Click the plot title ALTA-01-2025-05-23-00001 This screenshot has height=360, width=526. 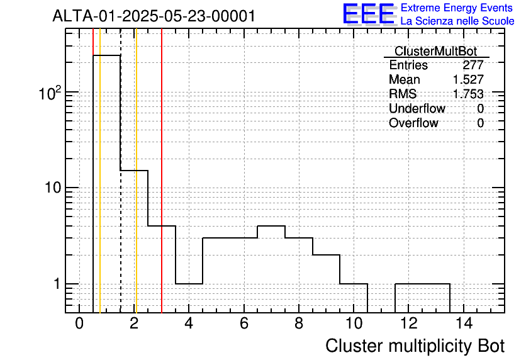coord(154,16)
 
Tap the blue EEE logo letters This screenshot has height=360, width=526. coord(369,14)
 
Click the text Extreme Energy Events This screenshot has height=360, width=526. coord(457,8)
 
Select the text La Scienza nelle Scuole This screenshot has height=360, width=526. coord(457,21)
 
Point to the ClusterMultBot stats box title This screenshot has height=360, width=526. coord(436,52)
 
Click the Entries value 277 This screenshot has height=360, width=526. coord(473,65)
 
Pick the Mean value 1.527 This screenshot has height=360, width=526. coord(468,79)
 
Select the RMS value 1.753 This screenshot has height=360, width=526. coord(468,94)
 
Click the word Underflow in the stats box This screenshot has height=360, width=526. coord(417,108)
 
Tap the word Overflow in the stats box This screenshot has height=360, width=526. coord(413,123)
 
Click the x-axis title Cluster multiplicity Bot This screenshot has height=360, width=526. coord(415,346)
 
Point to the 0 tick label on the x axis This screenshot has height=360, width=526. coord(79,323)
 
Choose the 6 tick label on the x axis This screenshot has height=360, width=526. coord(244,323)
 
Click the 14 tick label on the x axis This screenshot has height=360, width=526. coord(464,323)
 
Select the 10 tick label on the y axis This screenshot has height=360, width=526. coord(53,188)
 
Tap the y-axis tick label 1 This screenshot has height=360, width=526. coord(57,284)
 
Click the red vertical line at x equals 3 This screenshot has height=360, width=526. coord(162,171)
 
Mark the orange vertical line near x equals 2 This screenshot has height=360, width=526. coord(136,171)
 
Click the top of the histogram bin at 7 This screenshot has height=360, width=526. coord(271,226)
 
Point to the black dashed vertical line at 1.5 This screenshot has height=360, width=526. coord(120,171)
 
